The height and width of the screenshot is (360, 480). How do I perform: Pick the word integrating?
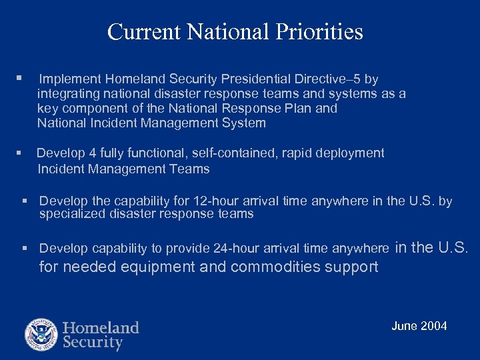click(x=68, y=94)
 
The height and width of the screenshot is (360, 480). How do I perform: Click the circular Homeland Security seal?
click(x=41, y=335)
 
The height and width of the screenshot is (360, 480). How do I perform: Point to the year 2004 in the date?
click(x=433, y=326)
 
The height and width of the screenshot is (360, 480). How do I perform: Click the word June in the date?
click(x=404, y=326)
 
